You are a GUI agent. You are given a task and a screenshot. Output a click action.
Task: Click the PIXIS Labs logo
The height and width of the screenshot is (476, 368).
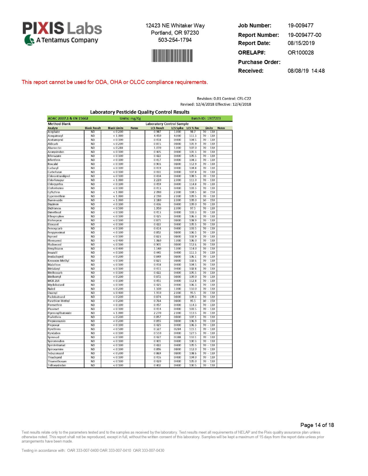click(62, 33)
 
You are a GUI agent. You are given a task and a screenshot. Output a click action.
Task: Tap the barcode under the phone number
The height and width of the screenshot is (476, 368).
click(172, 56)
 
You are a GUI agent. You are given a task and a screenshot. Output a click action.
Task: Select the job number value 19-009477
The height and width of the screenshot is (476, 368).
click(300, 25)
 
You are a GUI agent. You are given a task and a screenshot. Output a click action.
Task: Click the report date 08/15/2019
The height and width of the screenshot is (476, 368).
click(301, 43)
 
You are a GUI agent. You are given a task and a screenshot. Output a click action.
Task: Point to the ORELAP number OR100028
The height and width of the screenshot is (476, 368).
click(300, 53)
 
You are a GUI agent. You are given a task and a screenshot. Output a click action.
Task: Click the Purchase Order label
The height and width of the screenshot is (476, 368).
click(259, 62)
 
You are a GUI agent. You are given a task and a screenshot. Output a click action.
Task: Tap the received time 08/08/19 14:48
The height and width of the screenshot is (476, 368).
click(306, 71)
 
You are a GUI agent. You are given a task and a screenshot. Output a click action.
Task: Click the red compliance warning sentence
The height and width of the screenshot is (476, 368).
click(115, 82)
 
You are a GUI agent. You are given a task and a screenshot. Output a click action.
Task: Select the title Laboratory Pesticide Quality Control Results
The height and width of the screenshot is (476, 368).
click(140, 112)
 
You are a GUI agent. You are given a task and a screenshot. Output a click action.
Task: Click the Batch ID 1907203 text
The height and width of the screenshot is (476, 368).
click(206, 118)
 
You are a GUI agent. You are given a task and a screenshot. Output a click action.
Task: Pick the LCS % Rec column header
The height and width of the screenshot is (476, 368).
click(193, 128)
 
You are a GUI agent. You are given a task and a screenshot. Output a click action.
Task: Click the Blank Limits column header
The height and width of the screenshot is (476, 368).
click(115, 128)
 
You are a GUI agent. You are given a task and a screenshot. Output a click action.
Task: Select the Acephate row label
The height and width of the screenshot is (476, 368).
click(54, 132)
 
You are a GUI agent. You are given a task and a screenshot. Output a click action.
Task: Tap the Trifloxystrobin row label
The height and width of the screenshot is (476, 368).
click(57, 366)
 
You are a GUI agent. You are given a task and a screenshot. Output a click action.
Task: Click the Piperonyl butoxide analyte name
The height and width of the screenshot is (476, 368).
click(59, 313)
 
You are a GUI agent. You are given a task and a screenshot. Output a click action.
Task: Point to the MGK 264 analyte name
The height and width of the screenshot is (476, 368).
click(53, 281)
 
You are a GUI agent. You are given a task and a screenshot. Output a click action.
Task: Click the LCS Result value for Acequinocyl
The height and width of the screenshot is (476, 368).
click(157, 136)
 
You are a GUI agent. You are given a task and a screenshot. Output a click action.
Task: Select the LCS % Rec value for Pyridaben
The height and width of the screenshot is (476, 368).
click(193, 333)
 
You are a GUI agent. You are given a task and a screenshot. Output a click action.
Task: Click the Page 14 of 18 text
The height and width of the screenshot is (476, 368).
click(317, 425)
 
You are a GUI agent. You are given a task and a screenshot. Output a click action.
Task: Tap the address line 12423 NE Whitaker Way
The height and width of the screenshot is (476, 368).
click(175, 25)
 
